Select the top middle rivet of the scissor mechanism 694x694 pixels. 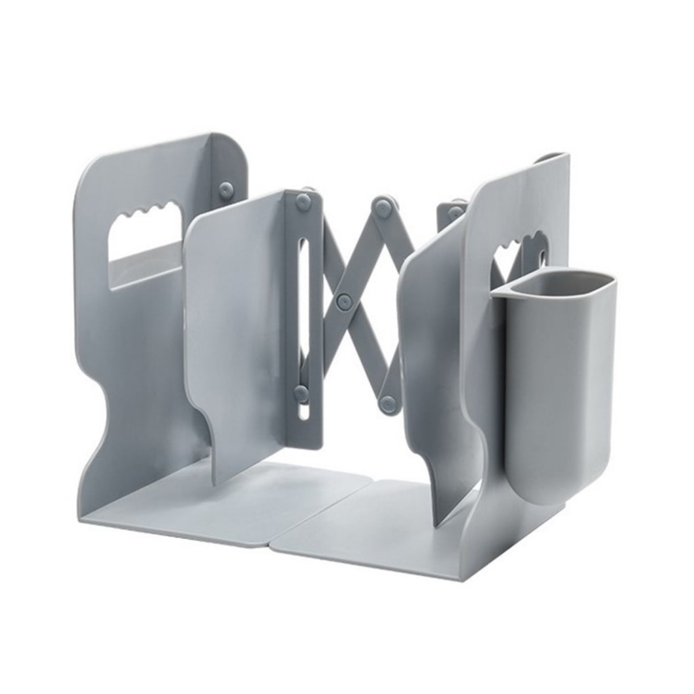tap(383, 207)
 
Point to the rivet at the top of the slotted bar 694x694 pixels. tap(303, 201)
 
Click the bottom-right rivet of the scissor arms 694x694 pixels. tap(389, 404)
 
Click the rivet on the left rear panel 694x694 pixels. tap(226, 191)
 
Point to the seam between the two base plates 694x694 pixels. tap(320, 507)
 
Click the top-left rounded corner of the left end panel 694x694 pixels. tap(88, 170)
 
